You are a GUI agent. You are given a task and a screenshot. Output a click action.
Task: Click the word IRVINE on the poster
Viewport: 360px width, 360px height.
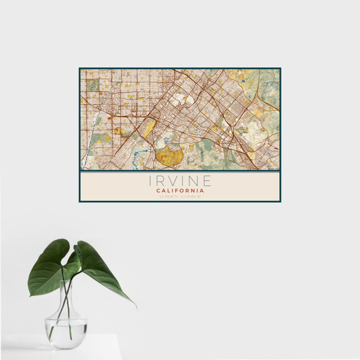click(180, 181)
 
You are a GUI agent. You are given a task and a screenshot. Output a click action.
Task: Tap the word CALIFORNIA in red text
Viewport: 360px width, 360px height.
click(180, 190)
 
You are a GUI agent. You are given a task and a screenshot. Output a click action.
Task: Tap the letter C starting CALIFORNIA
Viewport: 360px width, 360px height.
click(158, 190)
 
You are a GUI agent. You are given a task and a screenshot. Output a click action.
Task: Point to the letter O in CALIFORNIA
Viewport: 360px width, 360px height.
click(183, 190)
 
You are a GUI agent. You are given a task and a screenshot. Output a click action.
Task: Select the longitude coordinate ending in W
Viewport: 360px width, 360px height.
click(191, 196)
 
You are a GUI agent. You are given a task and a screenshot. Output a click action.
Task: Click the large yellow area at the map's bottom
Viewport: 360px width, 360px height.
click(169, 155)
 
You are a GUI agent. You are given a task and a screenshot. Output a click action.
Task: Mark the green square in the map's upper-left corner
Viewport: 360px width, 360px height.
click(92, 85)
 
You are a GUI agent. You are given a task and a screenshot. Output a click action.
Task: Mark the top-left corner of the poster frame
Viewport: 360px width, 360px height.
click(80, 68)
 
